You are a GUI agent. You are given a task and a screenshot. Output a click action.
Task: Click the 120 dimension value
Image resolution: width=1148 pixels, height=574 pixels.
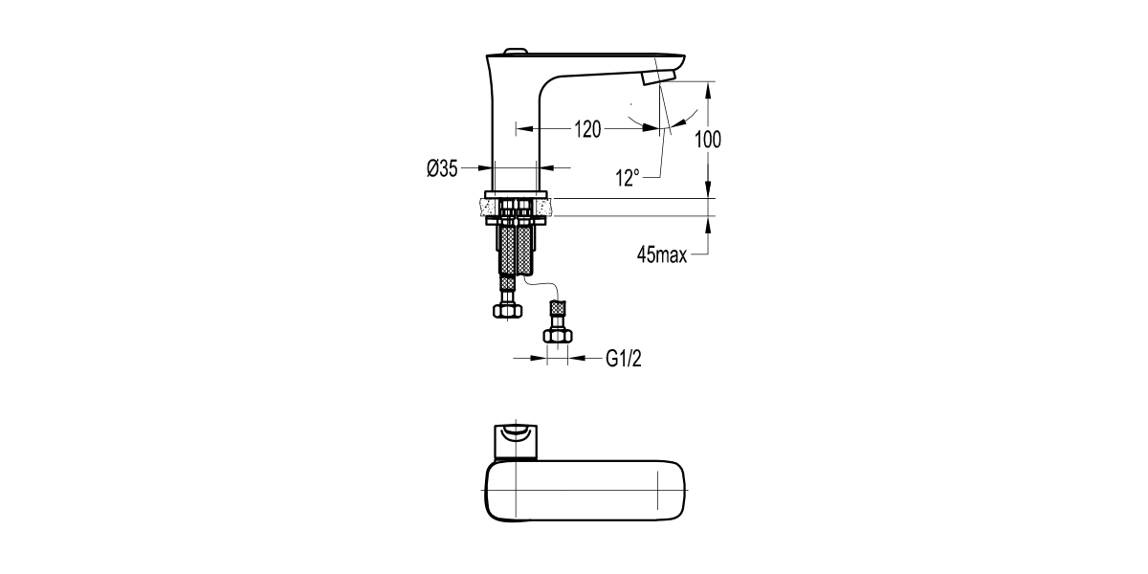[x=587, y=129]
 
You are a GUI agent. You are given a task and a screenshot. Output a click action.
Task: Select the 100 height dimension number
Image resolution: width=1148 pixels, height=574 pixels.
[x=707, y=139]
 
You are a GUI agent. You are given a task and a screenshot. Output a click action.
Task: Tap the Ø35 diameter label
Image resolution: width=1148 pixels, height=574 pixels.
[x=442, y=168]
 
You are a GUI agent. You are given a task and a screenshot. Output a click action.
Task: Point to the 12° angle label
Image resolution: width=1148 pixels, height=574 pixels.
[x=628, y=177]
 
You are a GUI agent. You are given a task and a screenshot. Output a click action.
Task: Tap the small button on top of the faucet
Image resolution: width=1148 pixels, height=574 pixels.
[x=515, y=50]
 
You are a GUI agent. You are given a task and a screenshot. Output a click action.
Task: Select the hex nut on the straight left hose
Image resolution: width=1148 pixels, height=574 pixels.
[x=507, y=309]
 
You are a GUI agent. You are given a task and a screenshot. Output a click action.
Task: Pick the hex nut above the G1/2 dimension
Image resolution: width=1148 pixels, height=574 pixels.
[x=556, y=335]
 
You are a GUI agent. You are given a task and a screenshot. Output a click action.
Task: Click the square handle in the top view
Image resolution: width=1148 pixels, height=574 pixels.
[x=518, y=441]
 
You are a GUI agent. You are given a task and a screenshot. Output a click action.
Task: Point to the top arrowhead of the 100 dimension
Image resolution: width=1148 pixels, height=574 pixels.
[x=708, y=87]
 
